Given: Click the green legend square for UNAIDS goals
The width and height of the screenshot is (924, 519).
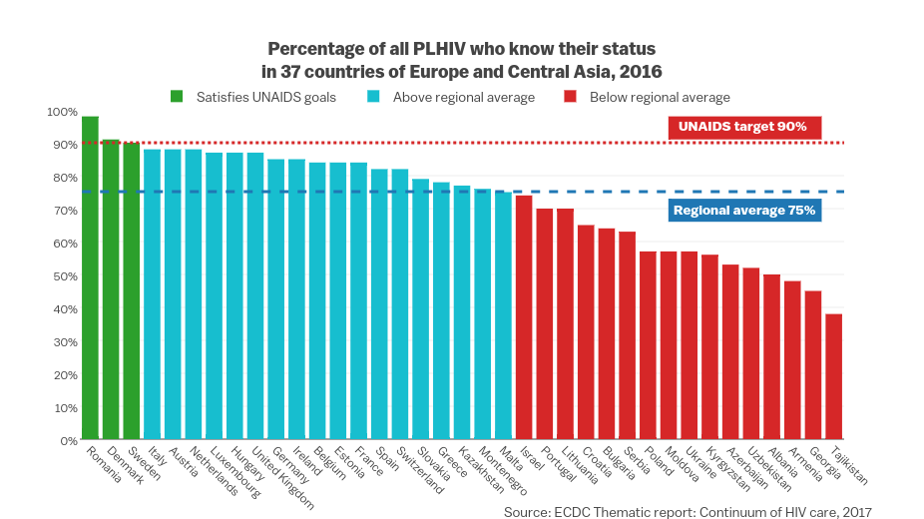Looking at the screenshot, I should click(x=177, y=97).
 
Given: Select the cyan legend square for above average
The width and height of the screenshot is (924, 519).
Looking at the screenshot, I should click(x=373, y=97).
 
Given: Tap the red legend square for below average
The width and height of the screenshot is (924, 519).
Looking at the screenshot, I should click(x=570, y=97).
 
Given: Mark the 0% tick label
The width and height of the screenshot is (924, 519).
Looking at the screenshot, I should click(x=67, y=440).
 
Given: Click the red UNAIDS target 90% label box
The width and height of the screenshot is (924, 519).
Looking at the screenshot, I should click(x=742, y=127).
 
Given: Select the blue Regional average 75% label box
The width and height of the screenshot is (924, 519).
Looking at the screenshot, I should click(x=743, y=210).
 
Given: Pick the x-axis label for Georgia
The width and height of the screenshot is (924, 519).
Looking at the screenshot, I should click(x=824, y=464).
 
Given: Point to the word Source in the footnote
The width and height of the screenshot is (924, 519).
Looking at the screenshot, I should click(x=527, y=512).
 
